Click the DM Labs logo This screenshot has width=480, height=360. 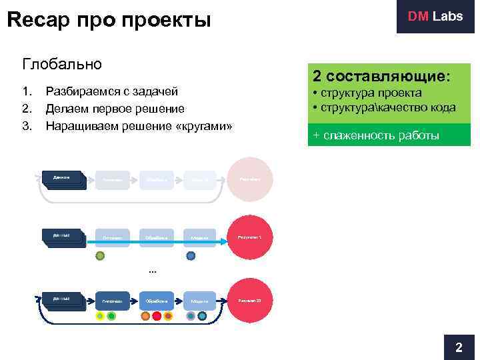click(x=435, y=17)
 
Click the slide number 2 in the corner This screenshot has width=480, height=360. click(x=458, y=347)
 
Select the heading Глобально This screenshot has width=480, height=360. click(x=62, y=64)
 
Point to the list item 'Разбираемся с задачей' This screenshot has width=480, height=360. click(x=111, y=91)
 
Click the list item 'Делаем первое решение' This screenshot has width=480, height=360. click(x=115, y=108)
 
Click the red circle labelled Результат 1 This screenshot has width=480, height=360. click(x=251, y=237)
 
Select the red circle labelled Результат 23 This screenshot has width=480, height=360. click(x=251, y=301)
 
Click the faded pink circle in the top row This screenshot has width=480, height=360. click(x=251, y=179)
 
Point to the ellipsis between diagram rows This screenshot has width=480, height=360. click(x=152, y=271)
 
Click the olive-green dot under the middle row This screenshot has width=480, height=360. click(x=100, y=255)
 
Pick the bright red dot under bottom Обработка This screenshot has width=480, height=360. click(x=157, y=316)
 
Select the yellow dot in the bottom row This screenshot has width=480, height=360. click(x=100, y=316)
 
